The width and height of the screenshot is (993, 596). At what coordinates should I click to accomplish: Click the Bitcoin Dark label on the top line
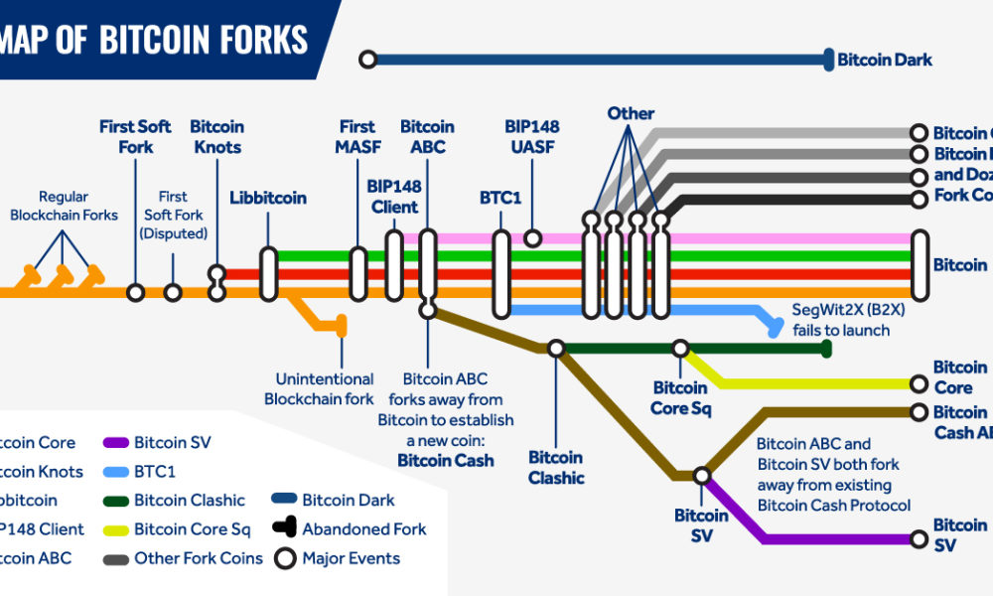[x=885, y=60]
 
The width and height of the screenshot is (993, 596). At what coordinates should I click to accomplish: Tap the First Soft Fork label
[x=135, y=136]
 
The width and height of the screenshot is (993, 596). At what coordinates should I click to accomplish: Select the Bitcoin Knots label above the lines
[x=216, y=136]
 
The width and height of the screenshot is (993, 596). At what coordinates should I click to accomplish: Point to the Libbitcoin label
[x=268, y=198]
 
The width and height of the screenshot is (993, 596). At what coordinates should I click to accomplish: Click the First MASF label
[x=357, y=136]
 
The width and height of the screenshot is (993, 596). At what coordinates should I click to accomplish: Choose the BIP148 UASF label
[x=532, y=136]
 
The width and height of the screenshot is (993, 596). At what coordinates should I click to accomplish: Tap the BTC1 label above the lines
[x=500, y=198]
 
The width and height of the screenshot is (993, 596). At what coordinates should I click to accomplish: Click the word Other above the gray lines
[x=631, y=113]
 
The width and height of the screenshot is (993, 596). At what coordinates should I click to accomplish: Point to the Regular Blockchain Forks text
[x=64, y=207]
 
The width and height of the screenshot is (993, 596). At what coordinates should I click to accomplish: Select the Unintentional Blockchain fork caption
[x=319, y=388]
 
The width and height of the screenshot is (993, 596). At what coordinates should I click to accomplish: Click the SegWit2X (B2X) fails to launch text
[x=840, y=320]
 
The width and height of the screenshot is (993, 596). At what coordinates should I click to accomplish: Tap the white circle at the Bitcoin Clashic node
[x=556, y=349]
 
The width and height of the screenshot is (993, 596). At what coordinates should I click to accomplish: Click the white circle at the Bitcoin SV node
[x=702, y=476]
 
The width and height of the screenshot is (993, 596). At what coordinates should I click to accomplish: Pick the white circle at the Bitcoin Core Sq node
[x=680, y=349]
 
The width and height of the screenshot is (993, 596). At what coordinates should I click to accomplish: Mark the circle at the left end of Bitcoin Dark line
[x=368, y=60]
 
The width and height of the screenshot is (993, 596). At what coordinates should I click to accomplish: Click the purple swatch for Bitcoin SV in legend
[x=116, y=443]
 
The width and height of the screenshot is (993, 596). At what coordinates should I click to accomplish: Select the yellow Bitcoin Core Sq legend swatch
[x=116, y=529]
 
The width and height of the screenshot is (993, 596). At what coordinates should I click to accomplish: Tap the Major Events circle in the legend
[x=286, y=558]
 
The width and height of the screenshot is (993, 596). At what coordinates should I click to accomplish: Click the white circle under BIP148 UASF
[x=532, y=238]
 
